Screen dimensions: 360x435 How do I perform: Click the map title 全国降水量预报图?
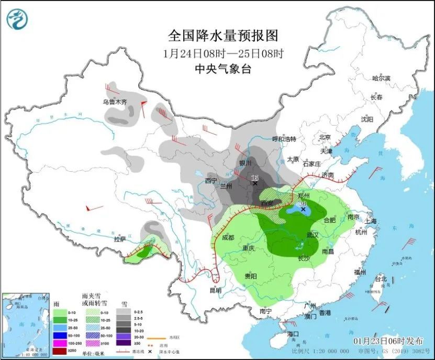(222, 35)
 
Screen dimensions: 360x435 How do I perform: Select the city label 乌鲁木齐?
(115, 102)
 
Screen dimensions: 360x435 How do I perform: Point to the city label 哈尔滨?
(381, 78)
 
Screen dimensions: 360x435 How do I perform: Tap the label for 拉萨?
(119, 239)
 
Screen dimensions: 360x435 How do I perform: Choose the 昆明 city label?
(215, 290)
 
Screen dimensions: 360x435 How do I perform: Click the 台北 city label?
(381, 279)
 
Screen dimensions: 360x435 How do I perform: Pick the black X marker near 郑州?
(303, 209)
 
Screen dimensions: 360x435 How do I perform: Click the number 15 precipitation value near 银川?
(255, 178)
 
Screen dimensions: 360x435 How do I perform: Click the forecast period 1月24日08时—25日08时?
(222, 53)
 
